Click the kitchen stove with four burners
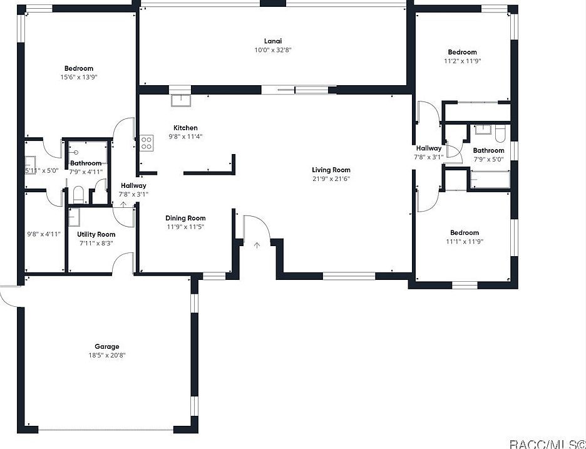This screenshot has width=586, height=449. coord(146,143)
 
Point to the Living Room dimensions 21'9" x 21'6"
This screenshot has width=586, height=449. coord(331,179)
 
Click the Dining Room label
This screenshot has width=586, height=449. coord(185,218)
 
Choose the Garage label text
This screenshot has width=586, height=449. coord(106,346)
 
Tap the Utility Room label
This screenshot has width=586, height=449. coord(96,234)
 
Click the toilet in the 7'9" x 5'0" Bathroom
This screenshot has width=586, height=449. coord(500,133)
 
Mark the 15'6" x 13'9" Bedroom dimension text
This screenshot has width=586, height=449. coord(79,78)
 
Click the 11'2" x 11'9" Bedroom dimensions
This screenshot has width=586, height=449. coord(462,61)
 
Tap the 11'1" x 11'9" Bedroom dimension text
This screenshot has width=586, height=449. coord(465,242)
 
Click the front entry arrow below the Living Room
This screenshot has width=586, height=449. coord(257,245)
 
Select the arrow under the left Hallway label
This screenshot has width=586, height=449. coord(123,204)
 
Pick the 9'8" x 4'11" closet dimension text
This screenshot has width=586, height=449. coord(43,234)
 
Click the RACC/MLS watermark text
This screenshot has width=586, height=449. coord(546,443)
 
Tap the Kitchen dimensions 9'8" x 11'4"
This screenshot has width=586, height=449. coord(185,137)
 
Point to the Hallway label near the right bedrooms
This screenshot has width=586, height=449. coord(429,148)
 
